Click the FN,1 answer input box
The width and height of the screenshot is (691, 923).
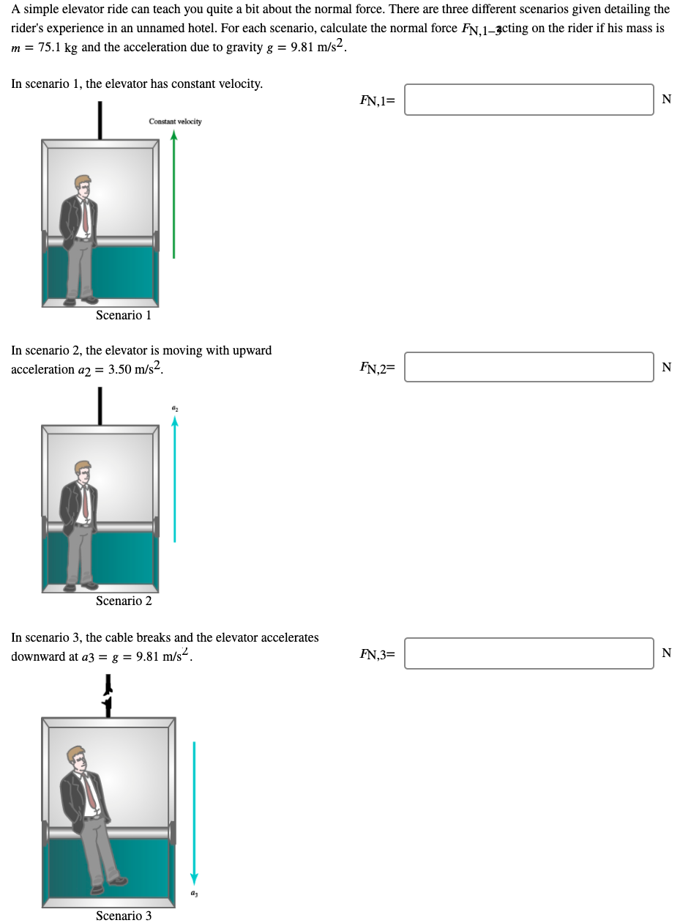528,100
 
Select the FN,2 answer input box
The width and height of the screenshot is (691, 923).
528,367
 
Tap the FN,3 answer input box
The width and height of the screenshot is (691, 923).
528,653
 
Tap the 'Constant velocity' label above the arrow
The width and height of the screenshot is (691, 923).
175,122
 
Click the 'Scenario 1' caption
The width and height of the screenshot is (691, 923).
124,315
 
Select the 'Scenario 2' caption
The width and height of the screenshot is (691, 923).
124,601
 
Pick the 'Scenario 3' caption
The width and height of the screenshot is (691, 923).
124,916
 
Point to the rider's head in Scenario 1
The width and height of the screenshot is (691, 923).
83,185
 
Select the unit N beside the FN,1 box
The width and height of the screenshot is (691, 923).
666,100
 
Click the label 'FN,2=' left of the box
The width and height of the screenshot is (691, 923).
377,368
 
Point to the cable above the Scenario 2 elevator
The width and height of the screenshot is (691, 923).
100,405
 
